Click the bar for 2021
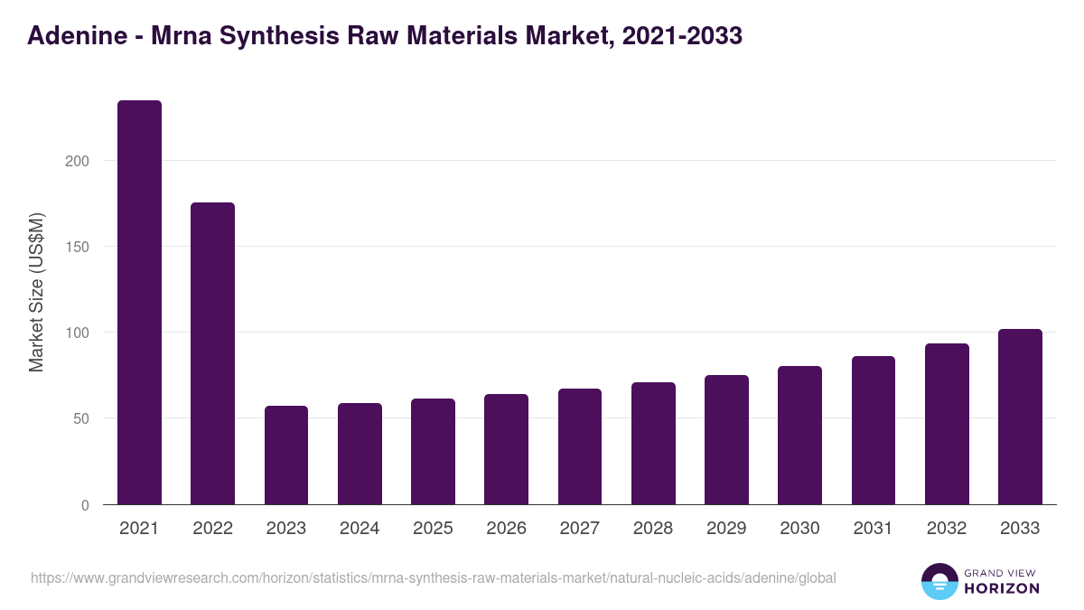(139, 302)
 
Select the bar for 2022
(212, 353)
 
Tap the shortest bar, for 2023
(286, 455)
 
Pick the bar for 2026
(506, 449)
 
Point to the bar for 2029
(726, 440)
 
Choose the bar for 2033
(1020, 417)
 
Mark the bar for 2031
(874, 430)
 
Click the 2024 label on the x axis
(360, 529)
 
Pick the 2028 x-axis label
(653, 529)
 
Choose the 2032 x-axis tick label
(947, 529)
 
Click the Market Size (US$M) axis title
(36, 292)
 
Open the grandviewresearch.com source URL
(434, 577)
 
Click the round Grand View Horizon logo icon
(939, 581)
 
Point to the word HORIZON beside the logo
(1004, 588)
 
